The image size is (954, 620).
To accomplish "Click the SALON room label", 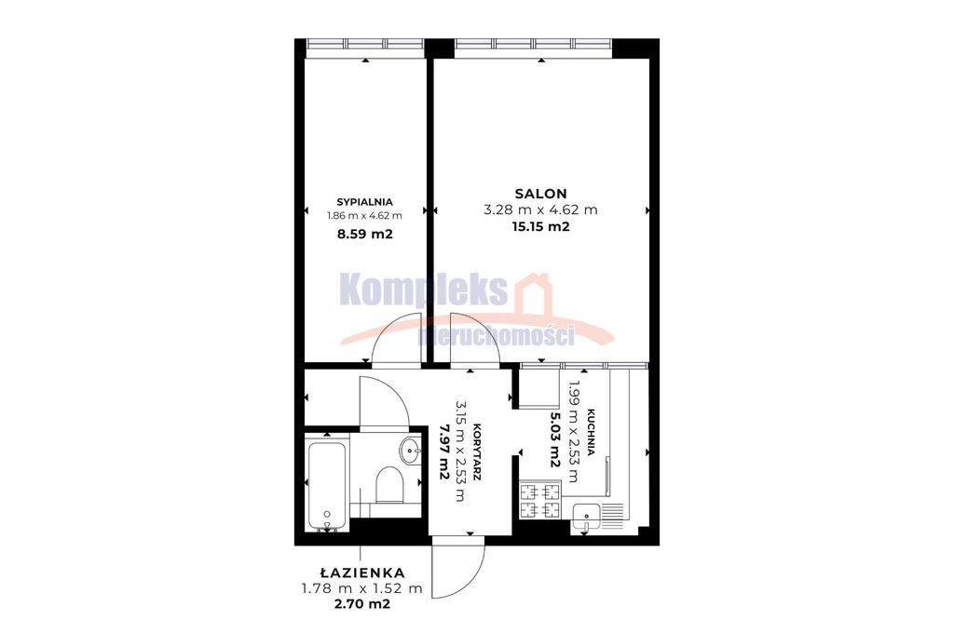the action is pyautogui.click(x=541, y=194).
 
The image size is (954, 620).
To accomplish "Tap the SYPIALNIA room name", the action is pyautogui.click(x=364, y=202).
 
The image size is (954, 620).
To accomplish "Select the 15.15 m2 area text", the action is pyautogui.click(x=541, y=227).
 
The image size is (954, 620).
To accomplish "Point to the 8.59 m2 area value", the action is pyautogui.click(x=364, y=234).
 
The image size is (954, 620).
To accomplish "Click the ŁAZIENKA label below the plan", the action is pyautogui.click(x=362, y=572).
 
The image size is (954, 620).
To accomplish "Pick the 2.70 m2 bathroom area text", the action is pyautogui.click(x=362, y=604).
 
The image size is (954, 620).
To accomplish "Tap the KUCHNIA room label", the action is pyautogui.click(x=592, y=432).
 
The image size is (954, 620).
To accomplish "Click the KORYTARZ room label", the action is pyautogui.click(x=477, y=452).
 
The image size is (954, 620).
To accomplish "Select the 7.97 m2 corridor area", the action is pyautogui.click(x=444, y=452).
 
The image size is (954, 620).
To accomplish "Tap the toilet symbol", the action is pyautogui.click(x=389, y=485).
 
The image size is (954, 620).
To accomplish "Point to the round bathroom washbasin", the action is pyautogui.click(x=410, y=451).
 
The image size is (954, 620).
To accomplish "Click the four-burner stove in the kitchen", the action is pyautogui.click(x=540, y=500).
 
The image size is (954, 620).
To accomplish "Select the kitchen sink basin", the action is pyautogui.click(x=586, y=519).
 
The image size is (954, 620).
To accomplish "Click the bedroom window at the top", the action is pyautogui.click(x=364, y=44).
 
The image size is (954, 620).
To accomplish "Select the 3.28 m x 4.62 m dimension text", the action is pyautogui.click(x=541, y=210).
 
